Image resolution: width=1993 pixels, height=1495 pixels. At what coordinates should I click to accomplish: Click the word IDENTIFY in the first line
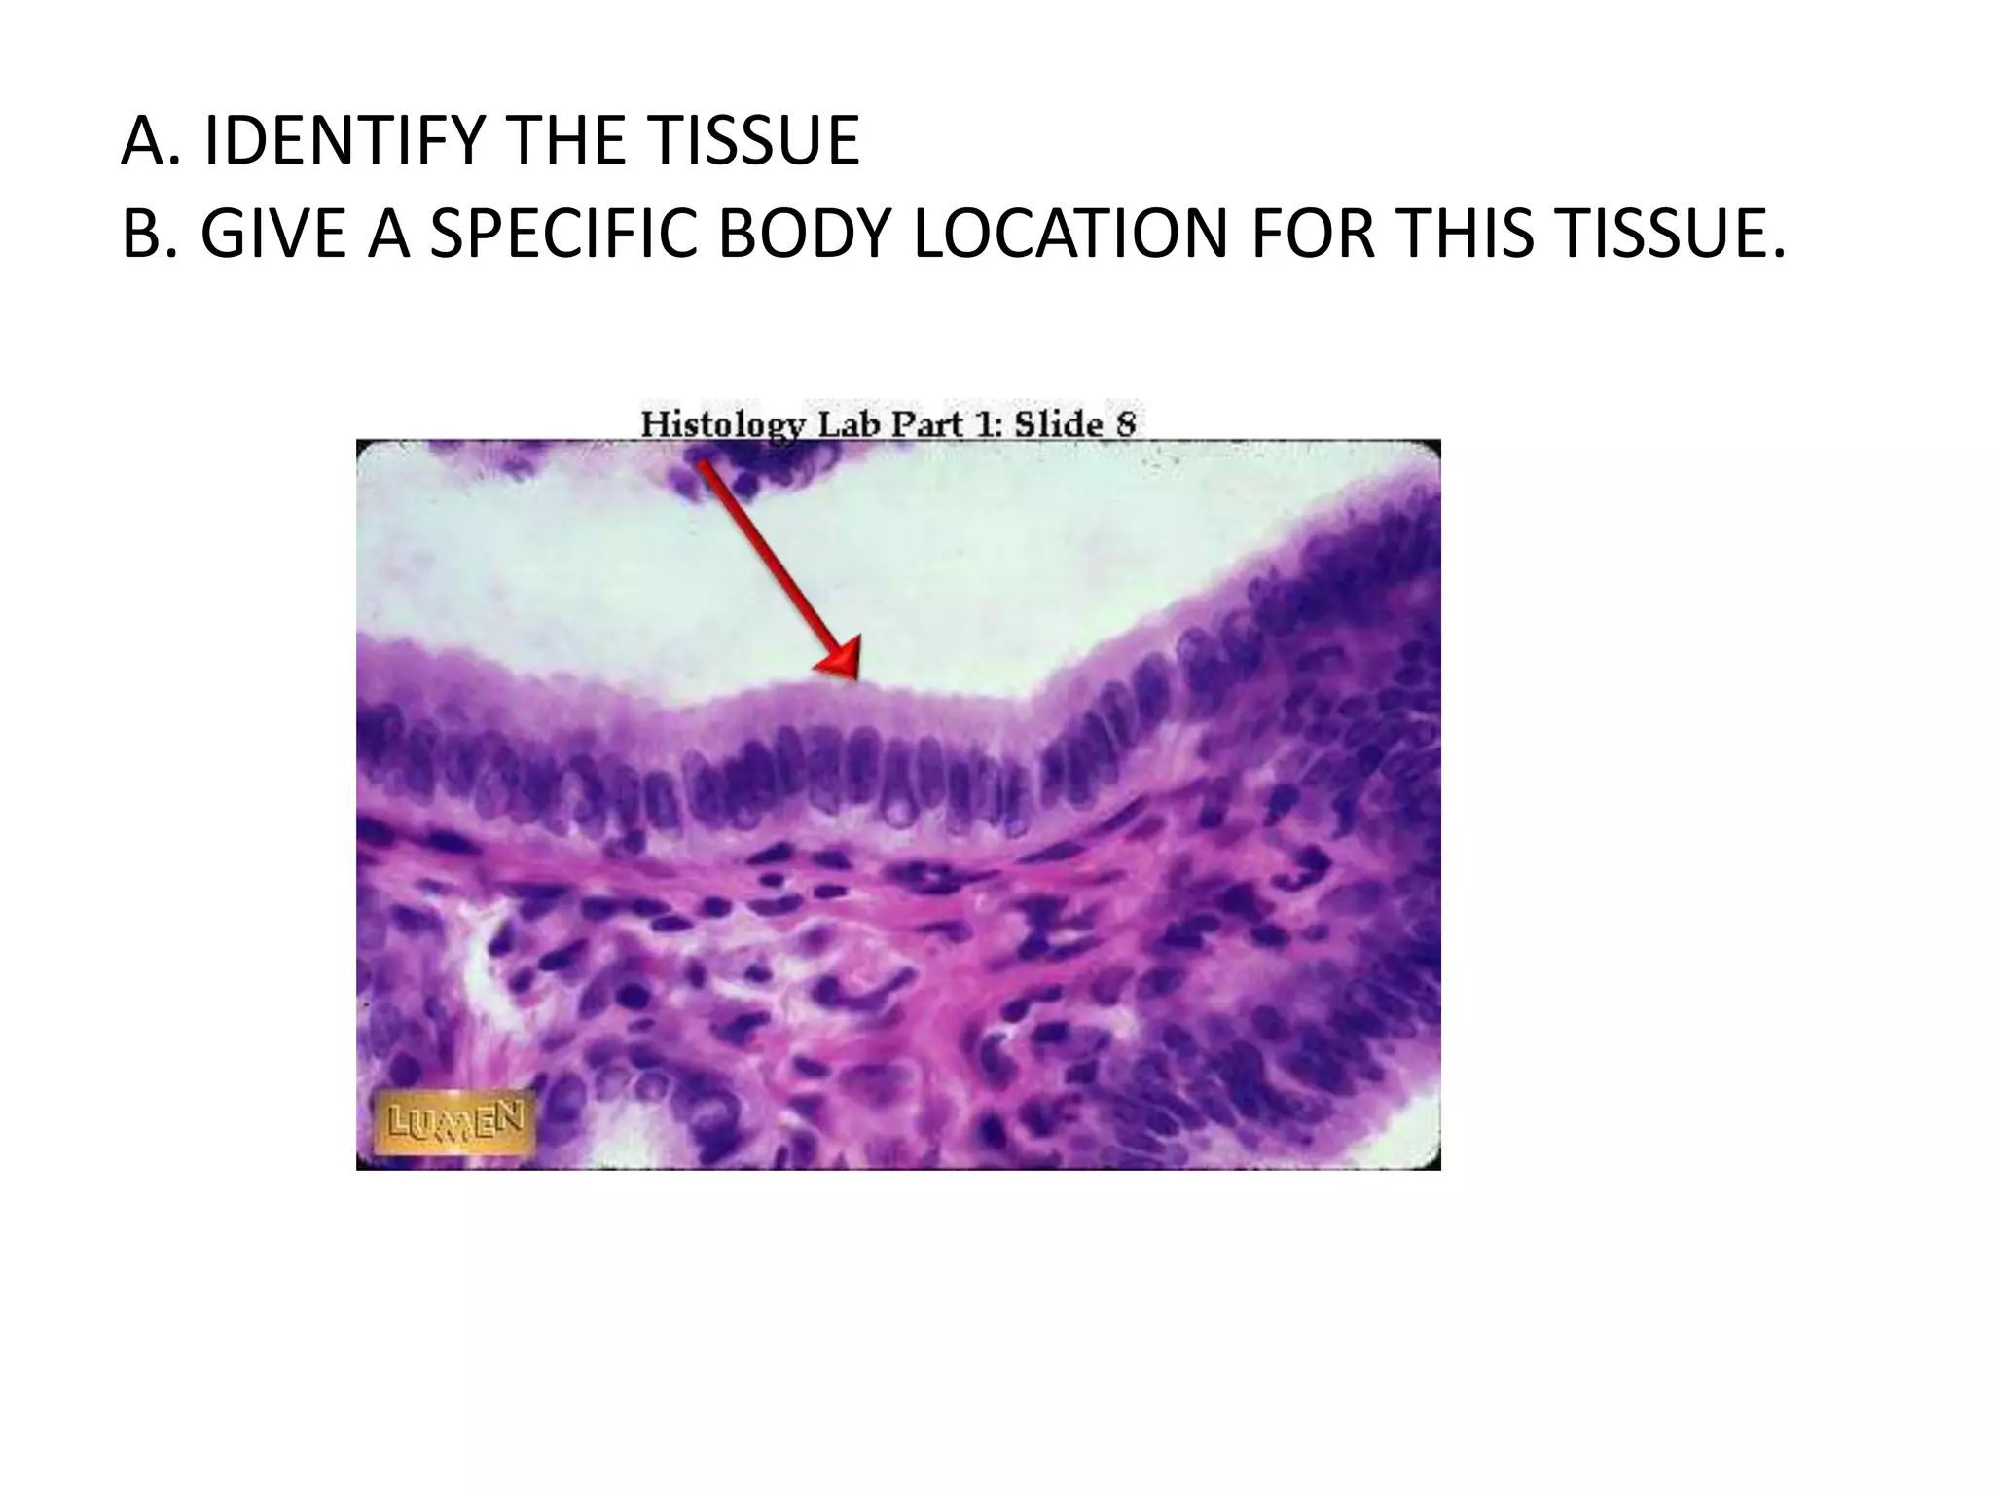343,141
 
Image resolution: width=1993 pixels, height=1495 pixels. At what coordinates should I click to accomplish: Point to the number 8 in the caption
1126,424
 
